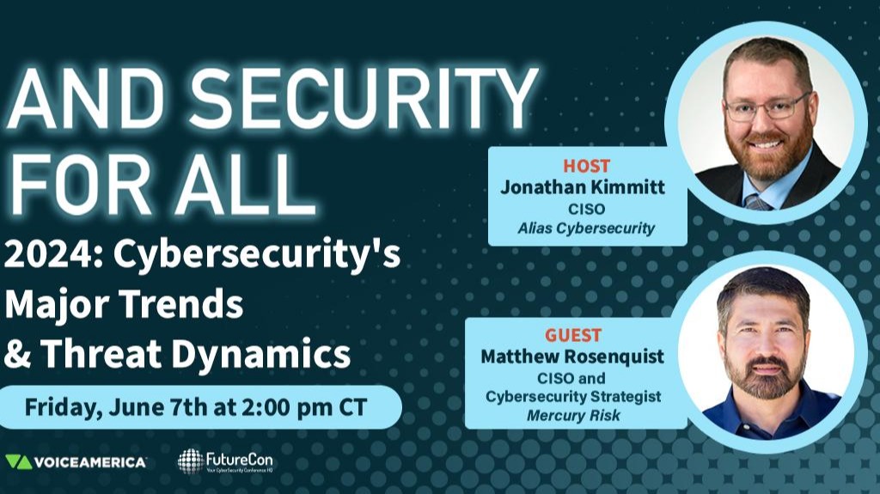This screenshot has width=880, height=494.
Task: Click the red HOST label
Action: pyautogui.click(x=587, y=165)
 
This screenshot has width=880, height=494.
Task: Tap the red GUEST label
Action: pyautogui.click(x=572, y=334)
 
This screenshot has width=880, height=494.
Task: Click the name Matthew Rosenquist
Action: pyautogui.click(x=572, y=357)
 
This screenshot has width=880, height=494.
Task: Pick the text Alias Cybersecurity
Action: pyautogui.click(x=587, y=229)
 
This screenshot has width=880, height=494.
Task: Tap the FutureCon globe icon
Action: pyautogui.click(x=191, y=461)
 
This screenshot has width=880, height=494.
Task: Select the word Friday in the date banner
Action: pyautogui.click(x=58, y=406)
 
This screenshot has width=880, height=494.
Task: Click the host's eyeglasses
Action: pyautogui.click(x=767, y=107)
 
